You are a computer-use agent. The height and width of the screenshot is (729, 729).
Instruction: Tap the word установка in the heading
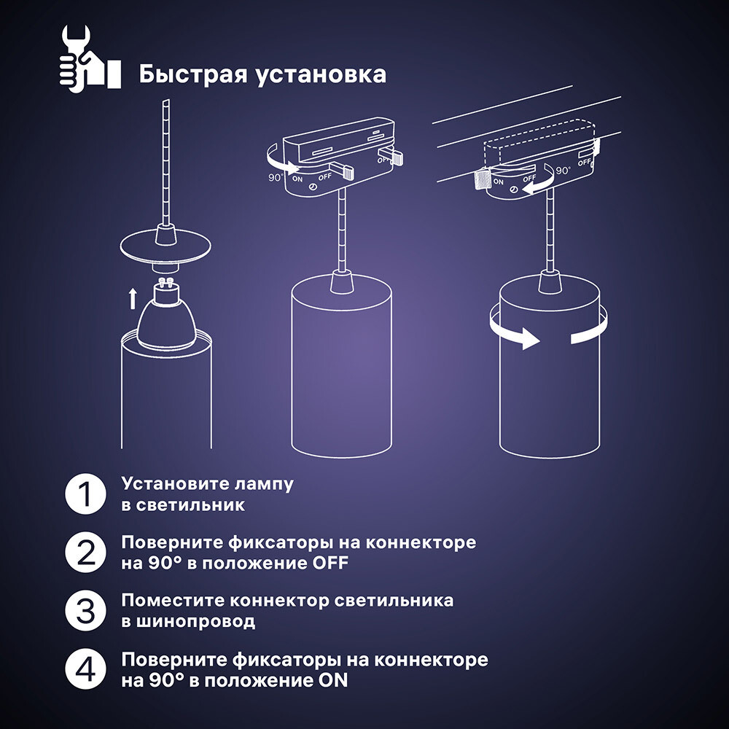pos(320,75)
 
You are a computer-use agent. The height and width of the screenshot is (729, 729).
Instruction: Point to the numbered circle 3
pos(87,611)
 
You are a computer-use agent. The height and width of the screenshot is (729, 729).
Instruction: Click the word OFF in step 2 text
pos(330,564)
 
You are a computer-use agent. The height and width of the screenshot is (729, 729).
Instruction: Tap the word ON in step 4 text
pos(332,681)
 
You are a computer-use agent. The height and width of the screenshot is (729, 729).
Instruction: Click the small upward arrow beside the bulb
pos(133,298)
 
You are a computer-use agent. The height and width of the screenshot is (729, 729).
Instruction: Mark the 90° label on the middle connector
pos(276,177)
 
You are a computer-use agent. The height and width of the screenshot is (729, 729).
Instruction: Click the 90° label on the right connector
pos(564,171)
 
